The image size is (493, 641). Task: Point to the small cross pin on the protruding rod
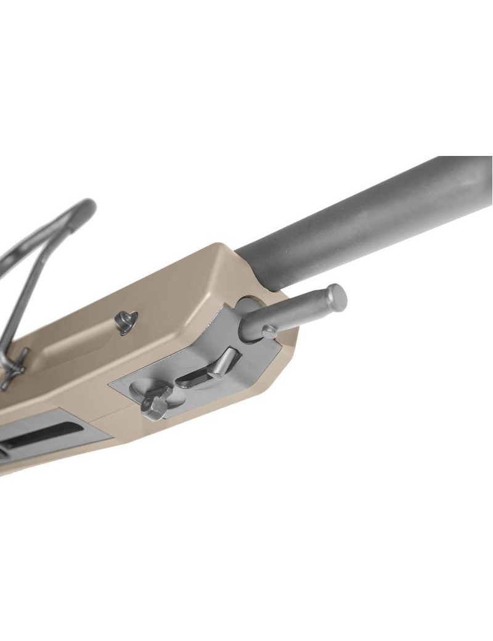tap(269, 332)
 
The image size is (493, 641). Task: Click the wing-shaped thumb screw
tap(154, 401)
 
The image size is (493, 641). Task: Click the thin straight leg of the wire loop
tap(31, 290)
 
